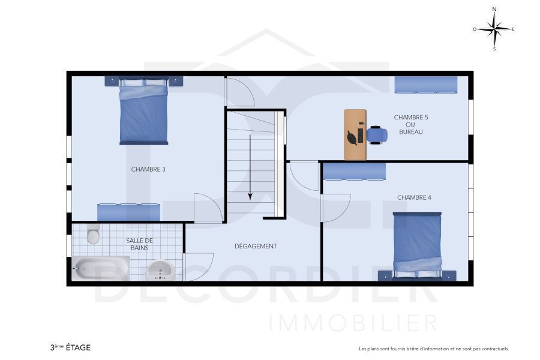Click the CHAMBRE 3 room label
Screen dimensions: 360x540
(x=148, y=169)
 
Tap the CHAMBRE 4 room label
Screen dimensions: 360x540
(x=414, y=197)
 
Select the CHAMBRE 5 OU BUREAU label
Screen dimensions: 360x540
(x=410, y=124)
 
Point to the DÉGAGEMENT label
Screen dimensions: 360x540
(x=256, y=246)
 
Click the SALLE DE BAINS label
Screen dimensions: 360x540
(x=139, y=244)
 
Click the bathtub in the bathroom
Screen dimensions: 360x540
(x=101, y=268)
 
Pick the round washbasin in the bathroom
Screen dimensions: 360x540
(x=161, y=271)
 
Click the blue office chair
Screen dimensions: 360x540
(x=376, y=134)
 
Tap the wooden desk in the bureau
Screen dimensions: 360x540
(x=354, y=134)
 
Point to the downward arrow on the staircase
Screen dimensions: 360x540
(x=250, y=169)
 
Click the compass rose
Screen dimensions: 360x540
(x=494, y=29)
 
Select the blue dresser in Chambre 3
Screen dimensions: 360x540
(x=128, y=212)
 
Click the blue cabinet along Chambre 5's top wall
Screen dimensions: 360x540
(x=426, y=85)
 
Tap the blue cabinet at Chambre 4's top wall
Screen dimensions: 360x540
(x=354, y=172)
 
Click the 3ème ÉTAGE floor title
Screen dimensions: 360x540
(x=71, y=347)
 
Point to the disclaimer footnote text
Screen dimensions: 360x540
(x=433, y=349)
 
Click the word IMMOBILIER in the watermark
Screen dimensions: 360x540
(x=353, y=323)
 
